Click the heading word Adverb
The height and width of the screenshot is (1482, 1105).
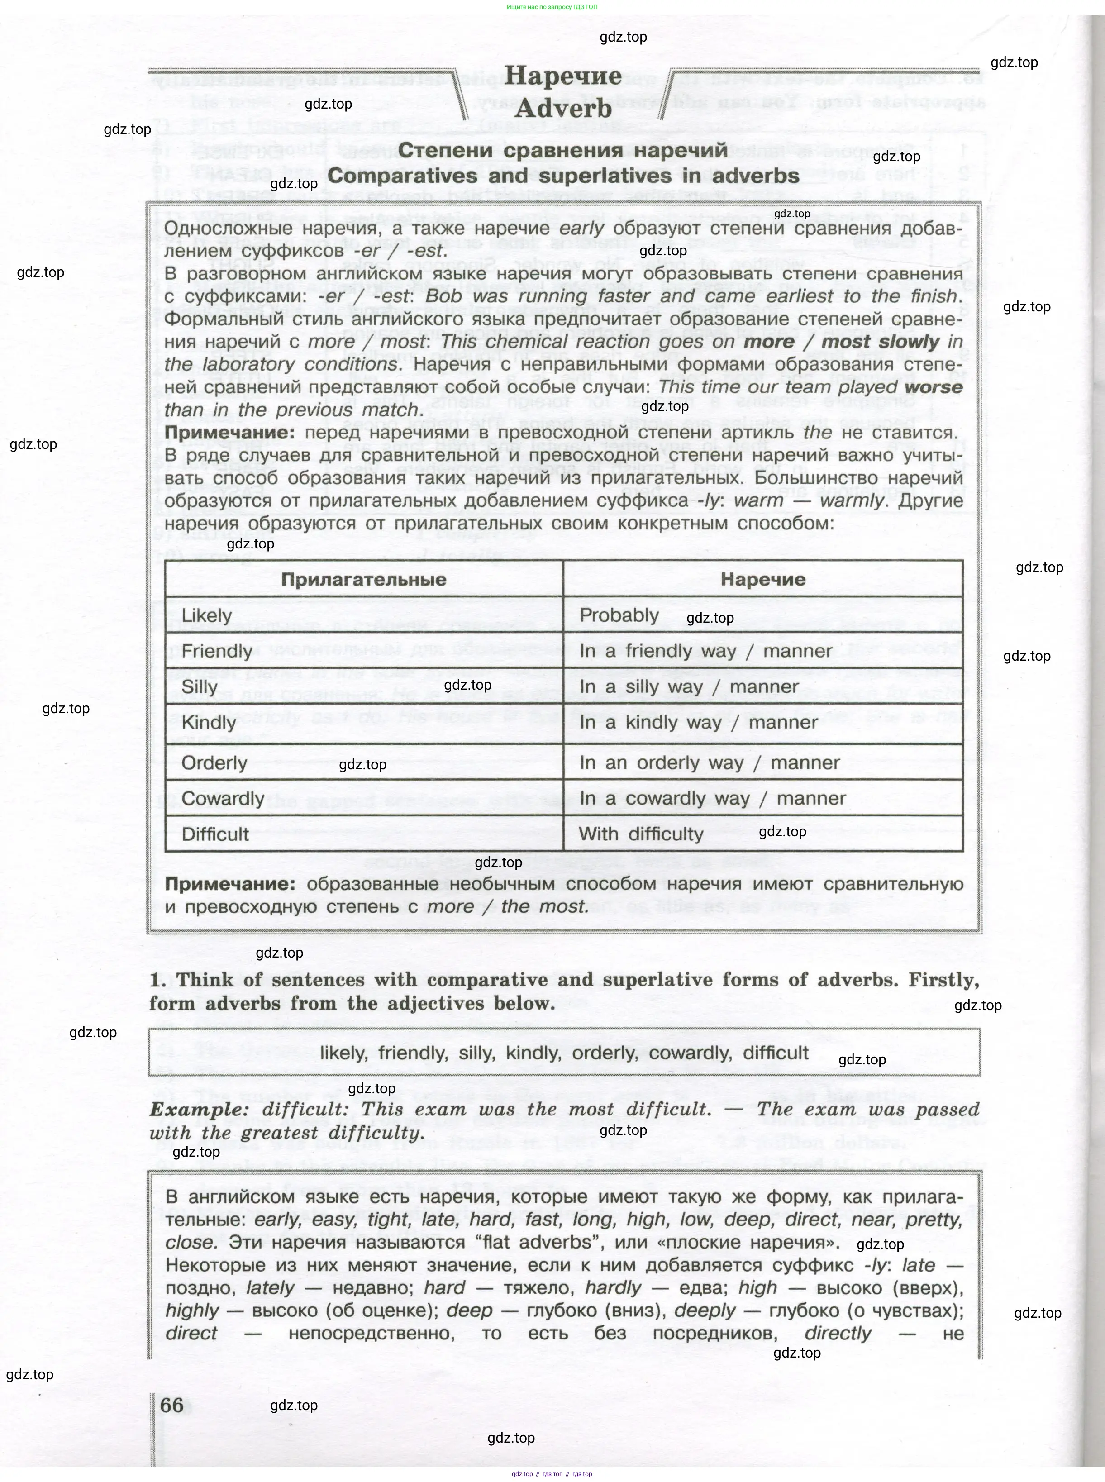pyautogui.click(x=563, y=108)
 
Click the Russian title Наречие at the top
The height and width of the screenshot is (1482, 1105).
pyautogui.click(x=563, y=76)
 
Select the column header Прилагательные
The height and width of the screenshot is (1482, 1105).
pyautogui.click(x=363, y=579)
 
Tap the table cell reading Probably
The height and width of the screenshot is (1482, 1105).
pyautogui.click(x=619, y=615)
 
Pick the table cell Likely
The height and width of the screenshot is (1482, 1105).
pyautogui.click(x=207, y=615)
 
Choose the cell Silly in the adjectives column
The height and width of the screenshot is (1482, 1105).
pyautogui.click(x=200, y=687)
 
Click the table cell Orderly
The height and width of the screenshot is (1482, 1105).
pyautogui.click(x=214, y=763)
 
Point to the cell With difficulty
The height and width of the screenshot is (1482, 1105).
pyautogui.click(x=640, y=834)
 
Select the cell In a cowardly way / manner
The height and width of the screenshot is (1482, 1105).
pyautogui.click(x=712, y=799)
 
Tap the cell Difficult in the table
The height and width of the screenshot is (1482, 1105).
pyautogui.click(x=215, y=834)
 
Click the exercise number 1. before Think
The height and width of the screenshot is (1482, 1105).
pyautogui.click(x=158, y=981)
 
